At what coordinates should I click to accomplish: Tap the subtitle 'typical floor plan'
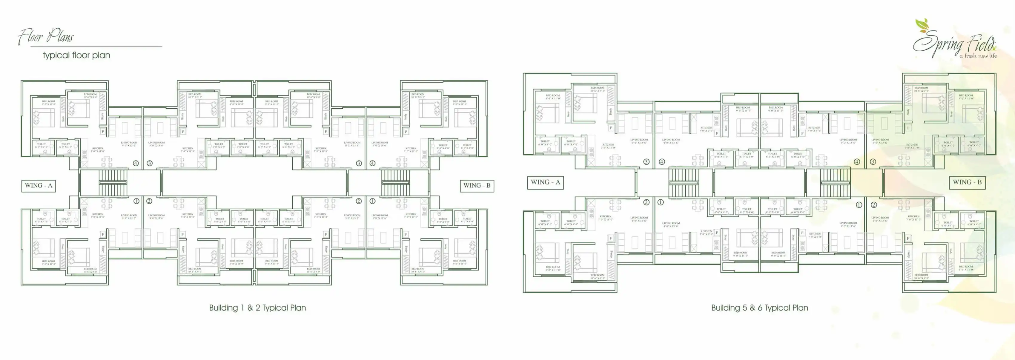coord(76,55)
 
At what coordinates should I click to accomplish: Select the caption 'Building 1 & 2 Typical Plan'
coord(257,308)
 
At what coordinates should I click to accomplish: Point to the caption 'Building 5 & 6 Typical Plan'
coord(759,308)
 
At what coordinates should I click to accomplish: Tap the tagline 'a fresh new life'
coord(978,56)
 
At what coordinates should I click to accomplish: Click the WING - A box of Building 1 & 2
coord(39,185)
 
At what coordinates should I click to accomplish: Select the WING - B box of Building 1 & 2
coord(477,185)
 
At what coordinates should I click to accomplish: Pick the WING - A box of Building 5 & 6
coord(545,182)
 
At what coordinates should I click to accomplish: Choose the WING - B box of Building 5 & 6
coord(967,182)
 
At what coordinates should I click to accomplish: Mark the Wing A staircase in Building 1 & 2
coord(113,182)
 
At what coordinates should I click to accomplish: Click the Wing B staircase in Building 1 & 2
coord(394,182)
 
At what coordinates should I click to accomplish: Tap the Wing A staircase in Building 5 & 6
coord(684,182)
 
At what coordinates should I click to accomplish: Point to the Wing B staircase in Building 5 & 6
coord(835,182)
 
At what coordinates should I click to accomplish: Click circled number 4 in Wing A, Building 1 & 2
coord(136,163)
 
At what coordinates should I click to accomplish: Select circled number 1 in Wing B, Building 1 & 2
coord(372,201)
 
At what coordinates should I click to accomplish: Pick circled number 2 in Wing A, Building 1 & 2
coord(149,201)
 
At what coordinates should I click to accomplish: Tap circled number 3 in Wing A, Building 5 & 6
coord(646,161)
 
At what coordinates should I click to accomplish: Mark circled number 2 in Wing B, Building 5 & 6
coord(873,205)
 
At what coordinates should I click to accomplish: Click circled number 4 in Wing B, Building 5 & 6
coord(857,161)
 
